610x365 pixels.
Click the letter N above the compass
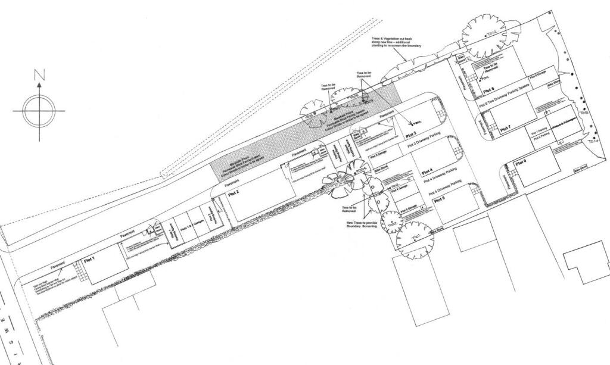[39, 74]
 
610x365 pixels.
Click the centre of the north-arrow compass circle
[39, 110]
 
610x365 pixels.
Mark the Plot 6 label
[521, 162]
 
